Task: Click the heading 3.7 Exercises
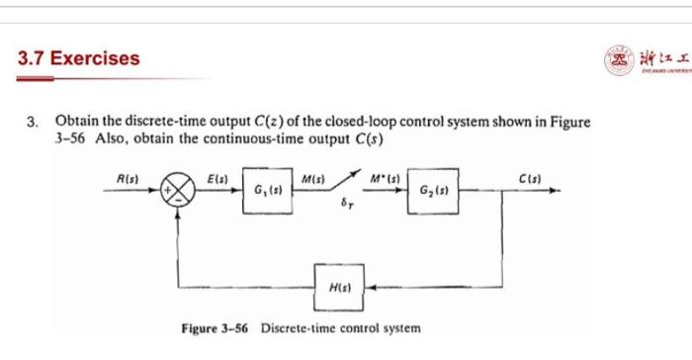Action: click(x=80, y=57)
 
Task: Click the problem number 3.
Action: click(x=31, y=123)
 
